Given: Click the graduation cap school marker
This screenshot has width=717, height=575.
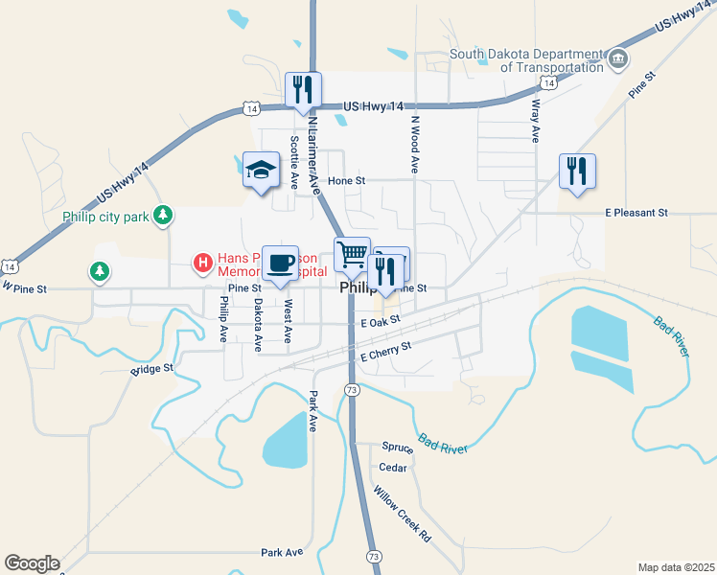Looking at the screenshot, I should pos(261,171).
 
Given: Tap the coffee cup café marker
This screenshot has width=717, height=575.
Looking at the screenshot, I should pos(280,264).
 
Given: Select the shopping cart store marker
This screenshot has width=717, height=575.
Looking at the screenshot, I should pos(352,255).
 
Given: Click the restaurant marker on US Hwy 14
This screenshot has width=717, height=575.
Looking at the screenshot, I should pos(303,90).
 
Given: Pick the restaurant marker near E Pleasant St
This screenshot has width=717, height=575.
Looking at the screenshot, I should pos(577,172).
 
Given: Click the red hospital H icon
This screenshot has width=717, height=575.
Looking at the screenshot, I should pos(202,261).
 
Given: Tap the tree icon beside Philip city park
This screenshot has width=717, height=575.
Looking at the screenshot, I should pos(164,216).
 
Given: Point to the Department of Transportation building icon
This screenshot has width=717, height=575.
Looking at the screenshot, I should pos(618,59).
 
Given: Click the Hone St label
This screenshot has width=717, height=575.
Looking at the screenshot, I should pos(347,179).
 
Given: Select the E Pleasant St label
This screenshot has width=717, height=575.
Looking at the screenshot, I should pos(636,212).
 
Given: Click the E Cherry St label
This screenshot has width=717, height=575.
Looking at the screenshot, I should pos(384,352).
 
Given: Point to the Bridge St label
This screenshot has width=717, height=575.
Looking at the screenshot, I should pos(152,367).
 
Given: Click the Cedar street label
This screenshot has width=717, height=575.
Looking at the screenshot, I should pos(393,468).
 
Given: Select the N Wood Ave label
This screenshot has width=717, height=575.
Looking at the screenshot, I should pos(415,145).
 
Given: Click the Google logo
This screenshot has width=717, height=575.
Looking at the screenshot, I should pos(32,563).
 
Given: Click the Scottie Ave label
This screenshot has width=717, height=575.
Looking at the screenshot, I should pos(293,161).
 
